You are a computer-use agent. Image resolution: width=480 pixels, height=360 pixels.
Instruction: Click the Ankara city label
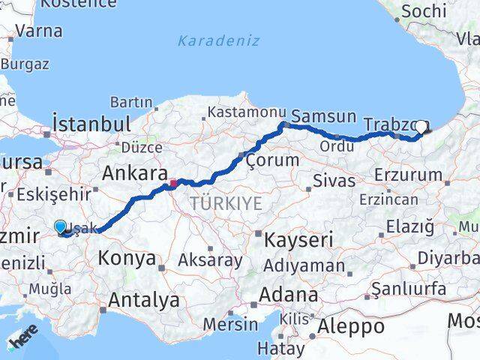pyautogui.click(x=134, y=174)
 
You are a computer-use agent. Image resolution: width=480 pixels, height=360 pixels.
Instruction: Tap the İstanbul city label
pyautogui.click(x=91, y=124)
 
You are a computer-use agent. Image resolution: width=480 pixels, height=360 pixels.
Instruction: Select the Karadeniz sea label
pyautogui.click(x=218, y=40)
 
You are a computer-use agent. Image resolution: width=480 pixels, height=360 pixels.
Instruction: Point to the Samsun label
pyautogui.click(x=323, y=116)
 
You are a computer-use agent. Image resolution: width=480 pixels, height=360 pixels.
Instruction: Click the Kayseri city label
pyautogui.click(x=298, y=240)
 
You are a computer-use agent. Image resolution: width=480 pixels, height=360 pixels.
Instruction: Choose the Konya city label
pyautogui.click(x=127, y=259)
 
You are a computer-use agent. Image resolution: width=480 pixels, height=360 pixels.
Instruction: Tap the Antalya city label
pyautogui.click(x=144, y=301)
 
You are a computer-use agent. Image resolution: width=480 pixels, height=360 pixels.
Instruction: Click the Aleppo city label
pyautogui.click(x=351, y=326)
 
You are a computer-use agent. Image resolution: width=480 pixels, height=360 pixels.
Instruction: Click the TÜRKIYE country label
pyautogui.click(x=226, y=203)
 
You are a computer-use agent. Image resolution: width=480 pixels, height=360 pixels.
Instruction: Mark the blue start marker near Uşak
pyautogui.click(x=60, y=226)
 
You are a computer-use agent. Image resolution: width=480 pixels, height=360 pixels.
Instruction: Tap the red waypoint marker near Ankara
pyautogui.click(x=173, y=182)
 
